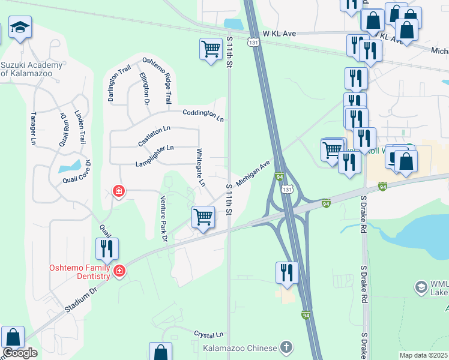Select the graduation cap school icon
point(20,28)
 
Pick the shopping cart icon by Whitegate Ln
point(203,217)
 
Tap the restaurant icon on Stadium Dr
point(107,248)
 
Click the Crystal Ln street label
point(208,334)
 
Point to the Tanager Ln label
point(33,128)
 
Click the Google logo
point(20,353)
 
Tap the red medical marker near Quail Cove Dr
point(119,191)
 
